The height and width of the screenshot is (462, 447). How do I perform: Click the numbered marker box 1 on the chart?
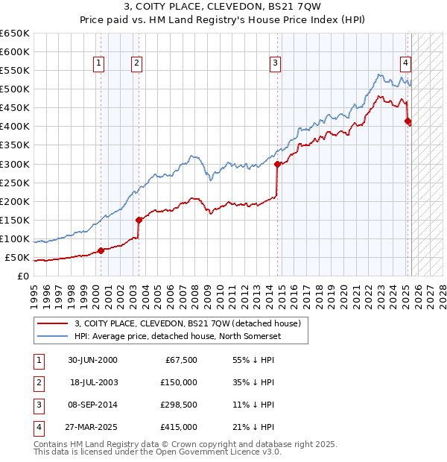pos(99,63)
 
